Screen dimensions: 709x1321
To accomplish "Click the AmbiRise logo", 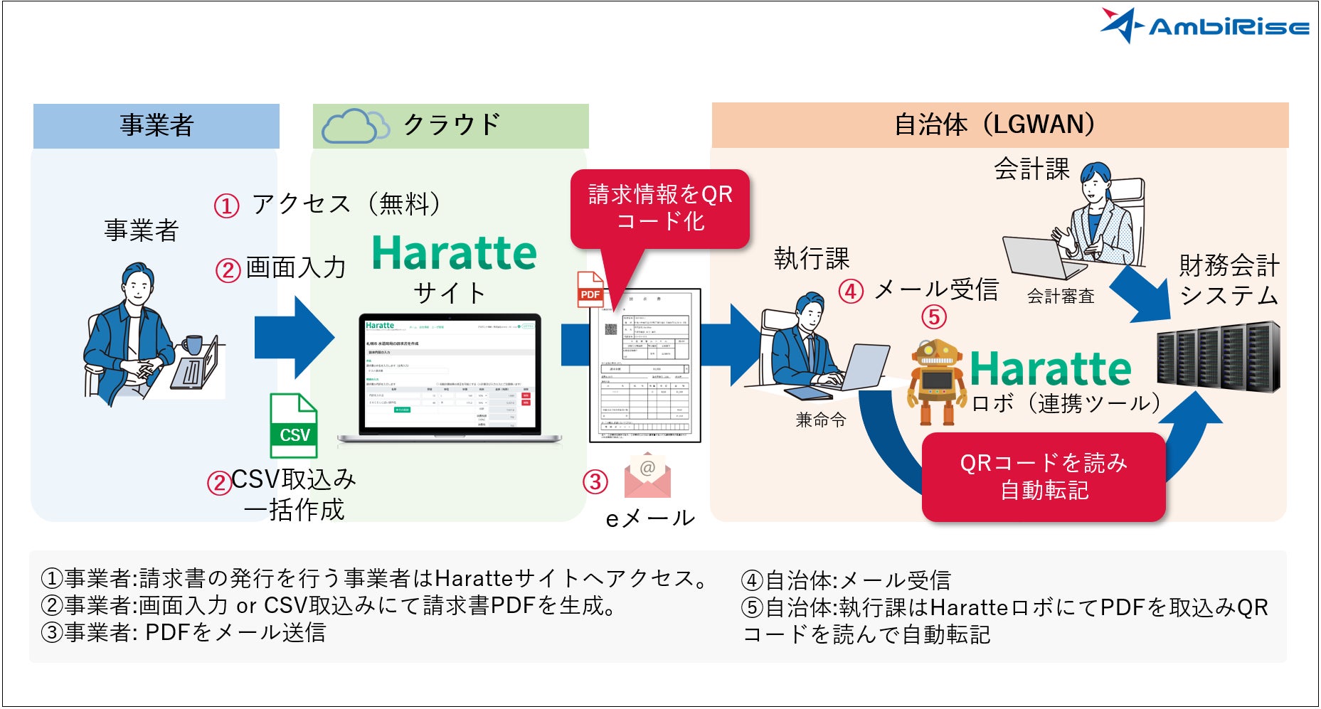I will (x=1204, y=26).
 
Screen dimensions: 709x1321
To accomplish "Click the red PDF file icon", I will (x=590, y=289).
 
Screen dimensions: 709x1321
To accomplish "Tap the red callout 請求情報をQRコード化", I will (x=660, y=208).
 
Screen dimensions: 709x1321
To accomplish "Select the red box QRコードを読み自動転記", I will (x=1043, y=476).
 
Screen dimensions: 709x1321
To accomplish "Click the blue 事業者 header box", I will (x=156, y=126).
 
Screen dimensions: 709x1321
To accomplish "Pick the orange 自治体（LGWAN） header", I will (x=999, y=125).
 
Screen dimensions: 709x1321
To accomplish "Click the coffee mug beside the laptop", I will (x=192, y=345).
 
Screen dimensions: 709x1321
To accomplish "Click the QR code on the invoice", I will (x=611, y=330).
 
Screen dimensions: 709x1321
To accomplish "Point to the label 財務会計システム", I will (x=1229, y=279).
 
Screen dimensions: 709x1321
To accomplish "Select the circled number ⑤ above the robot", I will (x=934, y=316).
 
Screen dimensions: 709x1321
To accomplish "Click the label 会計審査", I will (x=1060, y=297).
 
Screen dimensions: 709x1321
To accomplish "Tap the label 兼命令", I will (x=820, y=420).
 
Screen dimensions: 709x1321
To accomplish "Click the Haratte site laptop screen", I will (x=450, y=374).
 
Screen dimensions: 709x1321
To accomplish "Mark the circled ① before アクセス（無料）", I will (x=226, y=206).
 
